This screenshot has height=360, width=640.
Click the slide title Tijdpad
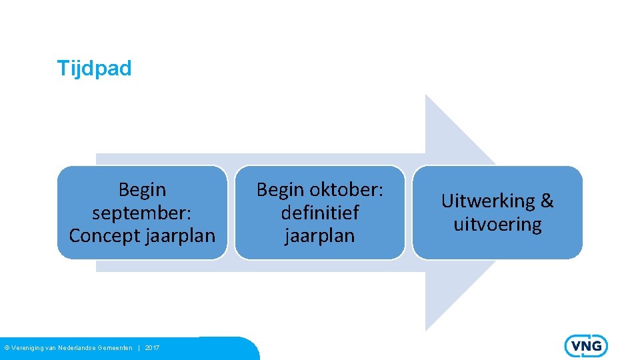pyautogui.click(x=94, y=68)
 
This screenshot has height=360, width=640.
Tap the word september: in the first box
pyautogui.click(x=142, y=213)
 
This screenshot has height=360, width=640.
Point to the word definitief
pyautogui.click(x=320, y=213)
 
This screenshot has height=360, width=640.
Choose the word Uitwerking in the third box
pyautogui.click(x=488, y=201)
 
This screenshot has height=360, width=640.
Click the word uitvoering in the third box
pyautogui.click(x=497, y=224)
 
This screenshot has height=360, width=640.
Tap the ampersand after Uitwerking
pyautogui.click(x=547, y=201)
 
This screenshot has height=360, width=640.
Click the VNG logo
pyautogui.click(x=586, y=346)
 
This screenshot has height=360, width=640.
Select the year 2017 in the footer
pyautogui.click(x=152, y=348)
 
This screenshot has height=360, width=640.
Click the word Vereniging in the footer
pyautogui.click(x=28, y=348)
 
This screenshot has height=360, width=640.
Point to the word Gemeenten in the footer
pyautogui.click(x=115, y=348)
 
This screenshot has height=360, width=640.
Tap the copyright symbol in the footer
pyautogui.click(x=7, y=348)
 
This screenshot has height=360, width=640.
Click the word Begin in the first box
pyautogui.click(x=142, y=190)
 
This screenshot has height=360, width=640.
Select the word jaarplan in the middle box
pyautogui.click(x=320, y=235)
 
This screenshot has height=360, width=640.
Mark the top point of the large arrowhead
pyautogui.click(x=426, y=95)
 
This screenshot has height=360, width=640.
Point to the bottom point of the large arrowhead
pyautogui.click(x=426, y=329)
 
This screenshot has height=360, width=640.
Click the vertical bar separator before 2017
pyautogui.click(x=139, y=348)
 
